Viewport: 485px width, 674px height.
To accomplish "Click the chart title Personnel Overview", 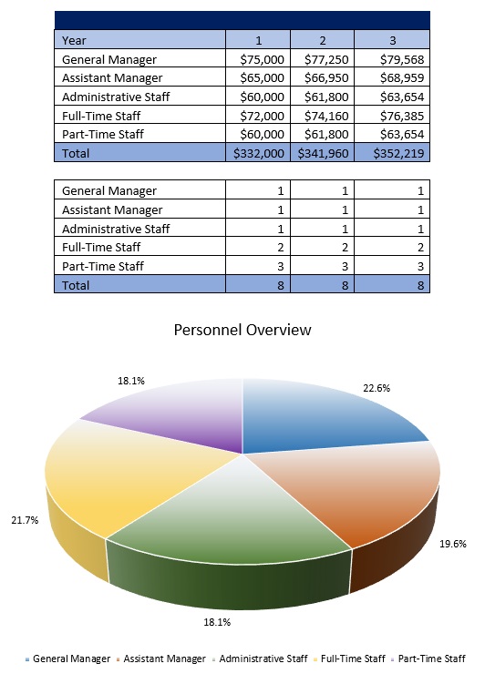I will (242, 329).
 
